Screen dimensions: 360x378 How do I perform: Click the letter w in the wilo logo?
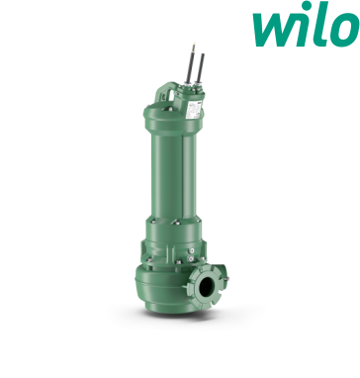275,29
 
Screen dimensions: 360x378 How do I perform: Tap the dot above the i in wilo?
308,5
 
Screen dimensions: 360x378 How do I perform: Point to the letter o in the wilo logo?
345,30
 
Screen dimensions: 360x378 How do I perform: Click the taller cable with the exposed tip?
190,63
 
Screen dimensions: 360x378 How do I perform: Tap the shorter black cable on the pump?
201,68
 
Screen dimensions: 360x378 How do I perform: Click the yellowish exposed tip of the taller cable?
194,47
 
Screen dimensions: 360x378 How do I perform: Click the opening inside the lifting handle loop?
167,96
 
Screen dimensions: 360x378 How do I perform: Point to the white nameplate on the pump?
194,110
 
